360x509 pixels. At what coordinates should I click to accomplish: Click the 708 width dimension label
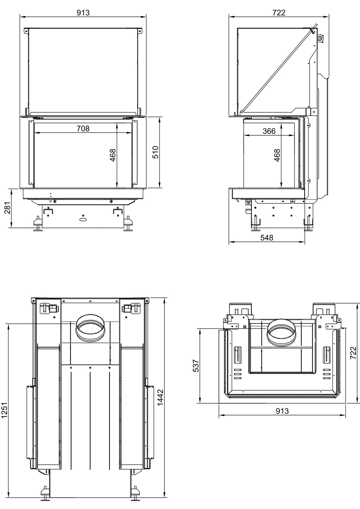click(83, 129)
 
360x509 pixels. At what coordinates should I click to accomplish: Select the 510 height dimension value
click(155, 152)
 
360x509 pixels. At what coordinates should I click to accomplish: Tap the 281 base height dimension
click(8, 208)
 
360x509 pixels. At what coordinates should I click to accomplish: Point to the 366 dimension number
click(269, 131)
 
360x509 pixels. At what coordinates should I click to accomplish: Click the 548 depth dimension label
click(267, 238)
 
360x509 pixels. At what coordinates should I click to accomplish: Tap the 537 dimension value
click(196, 366)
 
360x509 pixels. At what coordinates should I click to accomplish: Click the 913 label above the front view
click(83, 13)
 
